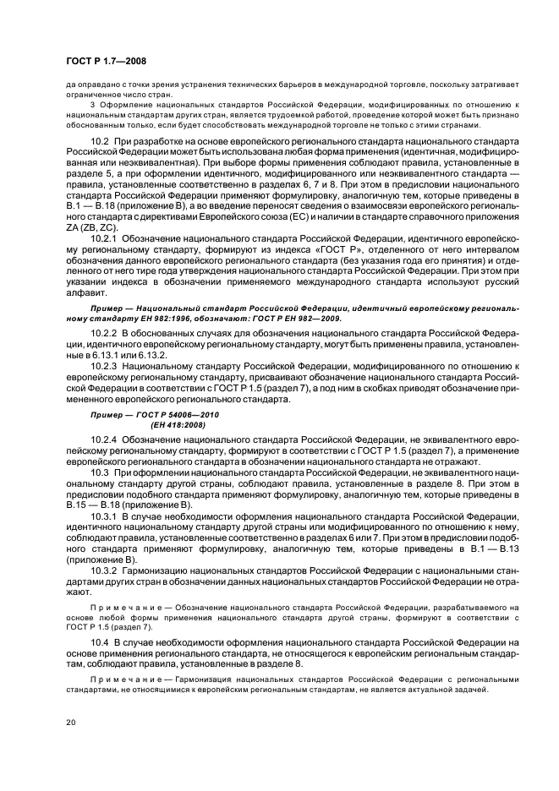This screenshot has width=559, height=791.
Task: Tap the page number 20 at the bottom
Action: (x=70, y=723)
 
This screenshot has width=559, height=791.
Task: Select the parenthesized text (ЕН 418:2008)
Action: (x=180, y=426)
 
